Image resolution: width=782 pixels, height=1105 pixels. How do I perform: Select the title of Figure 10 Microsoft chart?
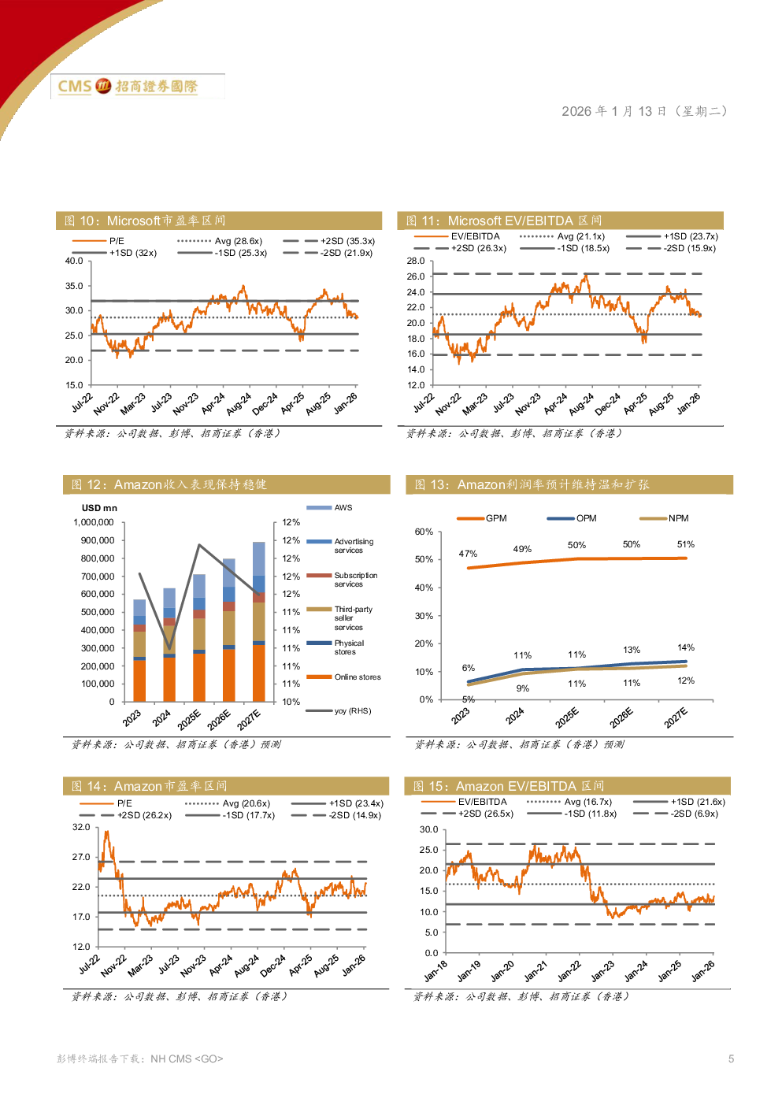point(146,221)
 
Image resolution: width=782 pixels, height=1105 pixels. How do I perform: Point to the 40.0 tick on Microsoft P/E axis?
point(73,261)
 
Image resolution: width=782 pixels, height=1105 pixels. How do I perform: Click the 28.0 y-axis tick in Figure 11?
point(416,261)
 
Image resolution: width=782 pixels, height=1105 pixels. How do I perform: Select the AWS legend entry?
point(343,508)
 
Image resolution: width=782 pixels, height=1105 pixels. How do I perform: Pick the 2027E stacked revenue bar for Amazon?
point(259,621)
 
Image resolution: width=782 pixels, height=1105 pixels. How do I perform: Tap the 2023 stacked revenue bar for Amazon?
point(139,651)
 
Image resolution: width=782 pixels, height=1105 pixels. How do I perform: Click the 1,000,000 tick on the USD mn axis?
point(94,522)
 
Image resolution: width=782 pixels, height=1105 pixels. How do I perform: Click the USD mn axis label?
point(99,508)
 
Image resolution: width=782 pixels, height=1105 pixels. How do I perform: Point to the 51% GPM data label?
point(686,544)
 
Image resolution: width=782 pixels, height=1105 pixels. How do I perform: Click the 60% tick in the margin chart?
point(424,532)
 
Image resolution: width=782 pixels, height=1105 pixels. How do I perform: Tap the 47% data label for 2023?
point(468,554)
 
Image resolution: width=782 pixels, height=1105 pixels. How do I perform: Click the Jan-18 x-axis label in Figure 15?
point(435,971)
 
